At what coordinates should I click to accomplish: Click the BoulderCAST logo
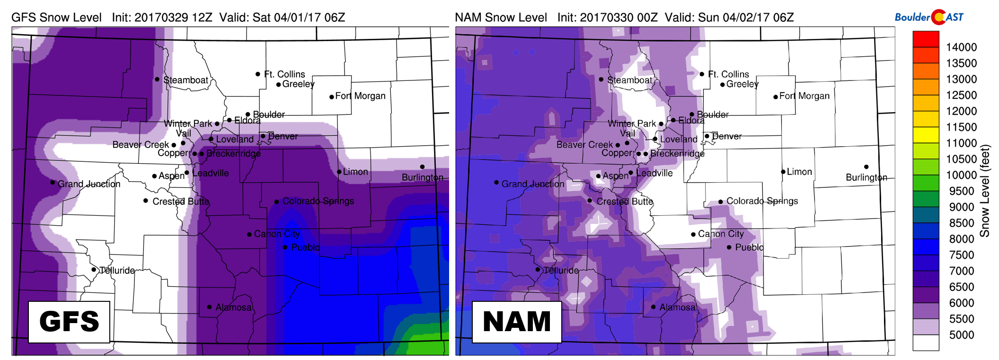pos(928,17)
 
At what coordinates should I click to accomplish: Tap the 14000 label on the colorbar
pos(961,47)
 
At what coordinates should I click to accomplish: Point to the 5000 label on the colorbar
pos(961,335)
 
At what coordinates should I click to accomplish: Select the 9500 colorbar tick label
pos(961,191)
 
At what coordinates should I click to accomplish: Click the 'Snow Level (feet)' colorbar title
pos(985,191)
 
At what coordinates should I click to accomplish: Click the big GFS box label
pos(69,322)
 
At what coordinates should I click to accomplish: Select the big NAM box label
pos(517,322)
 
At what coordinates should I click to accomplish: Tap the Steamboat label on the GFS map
pos(186,80)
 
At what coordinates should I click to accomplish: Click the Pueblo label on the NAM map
pos(749,247)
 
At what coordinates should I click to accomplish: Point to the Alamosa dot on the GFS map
pos(209,307)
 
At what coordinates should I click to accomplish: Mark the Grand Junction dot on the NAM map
pos(496,182)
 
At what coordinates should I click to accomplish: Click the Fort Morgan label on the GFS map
pos(360,96)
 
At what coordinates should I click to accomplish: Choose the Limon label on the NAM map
pos(799,172)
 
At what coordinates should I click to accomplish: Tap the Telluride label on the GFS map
pos(117,270)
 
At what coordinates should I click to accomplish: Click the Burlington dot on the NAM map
pos(866,167)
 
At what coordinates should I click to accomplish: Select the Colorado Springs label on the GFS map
pos(318,201)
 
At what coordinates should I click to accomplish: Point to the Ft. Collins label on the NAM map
pos(728,74)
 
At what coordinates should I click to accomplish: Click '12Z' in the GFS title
pos(202,18)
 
